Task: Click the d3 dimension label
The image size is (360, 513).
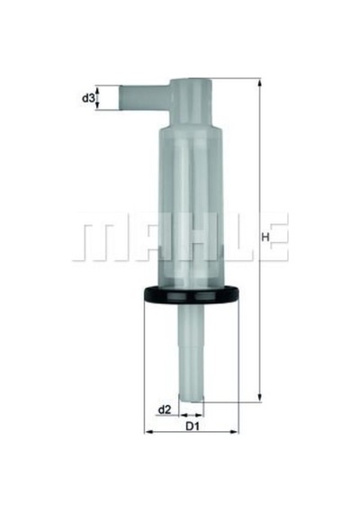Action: pos(88,97)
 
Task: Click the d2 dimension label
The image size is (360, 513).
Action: pos(165,409)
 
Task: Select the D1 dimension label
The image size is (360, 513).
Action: pos(193,427)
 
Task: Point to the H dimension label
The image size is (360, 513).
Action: pos(265,237)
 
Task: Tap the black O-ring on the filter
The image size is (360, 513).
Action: pos(192,293)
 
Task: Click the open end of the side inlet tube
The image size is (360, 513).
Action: pos(120,97)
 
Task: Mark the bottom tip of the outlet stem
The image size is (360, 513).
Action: pos(191,400)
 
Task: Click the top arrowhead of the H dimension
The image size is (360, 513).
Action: pos(260,82)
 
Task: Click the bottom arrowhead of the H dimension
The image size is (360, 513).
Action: pos(260,398)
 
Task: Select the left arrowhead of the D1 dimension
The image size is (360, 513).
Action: pos(148,432)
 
